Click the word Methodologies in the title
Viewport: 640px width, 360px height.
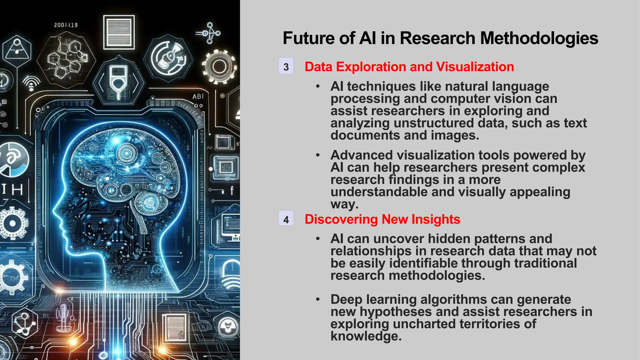539,38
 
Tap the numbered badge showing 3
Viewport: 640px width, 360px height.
286,67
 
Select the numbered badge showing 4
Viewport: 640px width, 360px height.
286,219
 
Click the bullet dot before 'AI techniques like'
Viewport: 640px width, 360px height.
318,87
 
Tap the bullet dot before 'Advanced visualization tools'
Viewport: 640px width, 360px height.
318,155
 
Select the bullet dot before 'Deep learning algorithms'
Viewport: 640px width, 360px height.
318,300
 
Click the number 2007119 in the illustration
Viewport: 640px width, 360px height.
66,25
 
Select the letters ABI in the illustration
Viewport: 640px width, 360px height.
198,97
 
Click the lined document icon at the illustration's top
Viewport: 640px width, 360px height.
119,32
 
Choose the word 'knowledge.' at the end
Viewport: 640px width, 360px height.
366,336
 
